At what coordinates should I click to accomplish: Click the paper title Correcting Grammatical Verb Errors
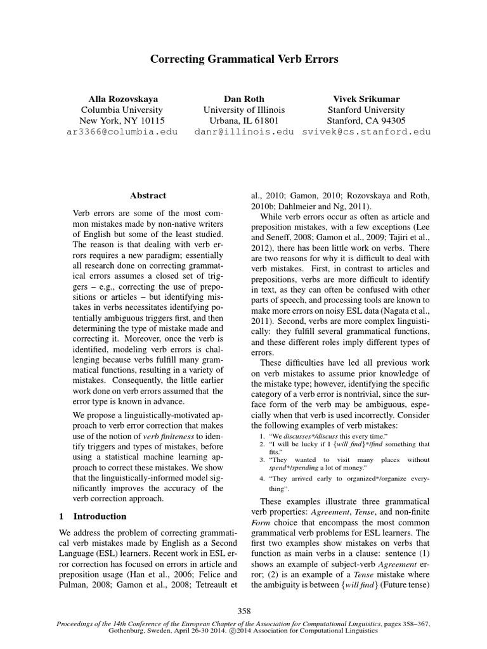click(x=243, y=59)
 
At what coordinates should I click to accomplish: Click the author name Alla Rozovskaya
click(x=123, y=99)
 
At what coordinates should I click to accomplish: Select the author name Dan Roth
click(x=244, y=99)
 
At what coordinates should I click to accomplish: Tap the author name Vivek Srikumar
click(x=367, y=99)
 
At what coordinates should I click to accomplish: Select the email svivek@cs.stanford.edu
click(x=367, y=132)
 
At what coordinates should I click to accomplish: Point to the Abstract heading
click(x=148, y=196)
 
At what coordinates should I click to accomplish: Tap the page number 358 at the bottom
click(x=243, y=611)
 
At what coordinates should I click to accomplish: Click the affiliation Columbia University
click(x=123, y=110)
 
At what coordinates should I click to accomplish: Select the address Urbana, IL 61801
click(x=244, y=120)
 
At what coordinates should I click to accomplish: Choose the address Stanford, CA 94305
click(x=367, y=120)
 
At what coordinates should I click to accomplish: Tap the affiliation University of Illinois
click(x=244, y=110)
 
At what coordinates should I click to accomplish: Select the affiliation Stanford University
click(x=367, y=110)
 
